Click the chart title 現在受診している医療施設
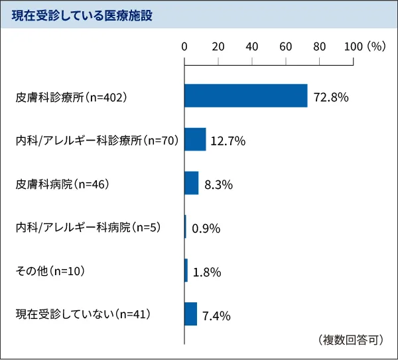tap(82, 16)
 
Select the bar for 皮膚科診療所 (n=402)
tap(245, 96)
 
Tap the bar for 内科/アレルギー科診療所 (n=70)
tap(195, 139)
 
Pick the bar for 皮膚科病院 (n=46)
tap(191, 183)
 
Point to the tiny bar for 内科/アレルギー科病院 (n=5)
tap(186, 227)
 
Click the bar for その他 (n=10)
tap(186, 270)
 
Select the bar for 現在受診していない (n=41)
tap(190, 314)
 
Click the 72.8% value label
tap(331, 97)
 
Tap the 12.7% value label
tap(228, 141)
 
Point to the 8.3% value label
tap(218, 184)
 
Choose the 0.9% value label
tap(206, 229)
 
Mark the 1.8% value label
tap(206, 272)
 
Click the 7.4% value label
tap(216, 316)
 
